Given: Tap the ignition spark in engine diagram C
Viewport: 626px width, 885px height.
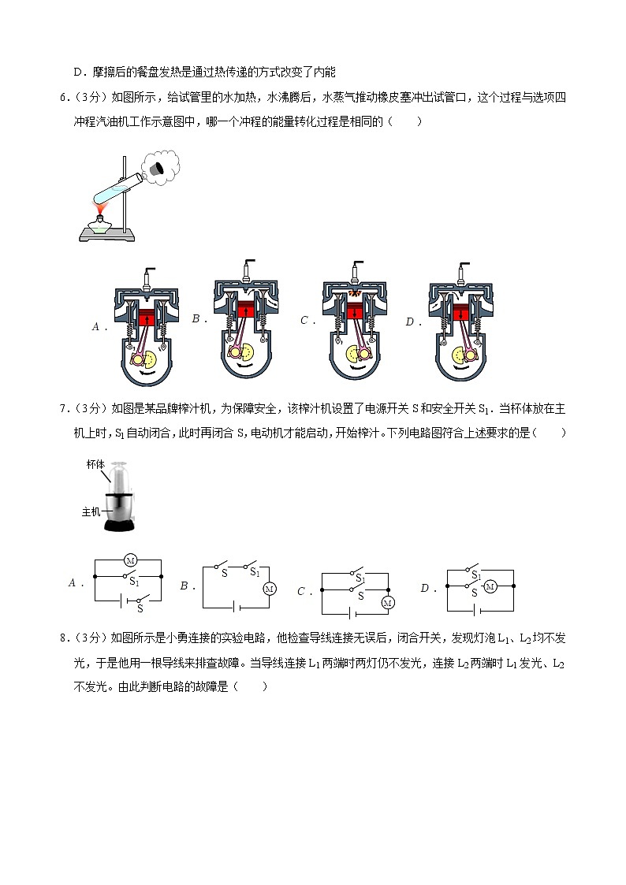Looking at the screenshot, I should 354,293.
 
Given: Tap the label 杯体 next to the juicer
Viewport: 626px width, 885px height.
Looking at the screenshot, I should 95,464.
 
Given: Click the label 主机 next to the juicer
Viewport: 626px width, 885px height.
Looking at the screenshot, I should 91,511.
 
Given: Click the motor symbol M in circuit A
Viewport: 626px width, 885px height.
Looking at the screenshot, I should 131,560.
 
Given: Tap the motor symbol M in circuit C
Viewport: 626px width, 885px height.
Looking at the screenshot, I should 386,603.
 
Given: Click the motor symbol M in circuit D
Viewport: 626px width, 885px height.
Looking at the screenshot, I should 490,586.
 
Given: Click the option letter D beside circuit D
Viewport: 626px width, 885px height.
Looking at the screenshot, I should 423,588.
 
